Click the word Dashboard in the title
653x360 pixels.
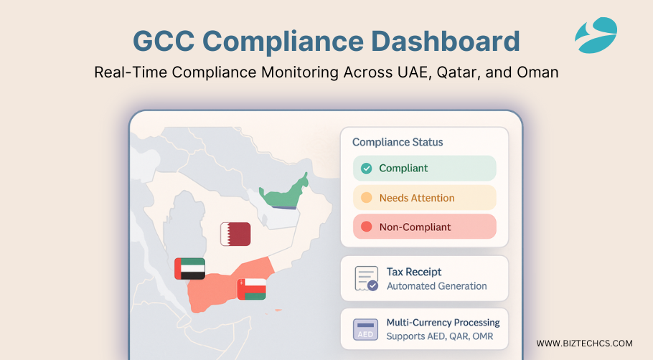445,41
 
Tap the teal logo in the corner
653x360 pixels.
596,35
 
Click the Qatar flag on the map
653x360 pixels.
235,234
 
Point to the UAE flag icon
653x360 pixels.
190,268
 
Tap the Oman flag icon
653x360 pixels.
252,289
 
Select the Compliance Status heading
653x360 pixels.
398,142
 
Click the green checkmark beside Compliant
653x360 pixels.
367,168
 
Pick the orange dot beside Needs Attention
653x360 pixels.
367,197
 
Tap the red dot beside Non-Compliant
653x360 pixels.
367,227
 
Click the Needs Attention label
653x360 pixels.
417,198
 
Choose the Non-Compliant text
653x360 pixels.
415,227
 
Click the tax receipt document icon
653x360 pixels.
367,278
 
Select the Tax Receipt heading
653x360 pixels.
414,272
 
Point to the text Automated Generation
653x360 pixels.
437,286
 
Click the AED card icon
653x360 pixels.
365,330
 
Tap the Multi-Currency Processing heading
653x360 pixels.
443,323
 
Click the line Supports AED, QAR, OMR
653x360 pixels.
440,336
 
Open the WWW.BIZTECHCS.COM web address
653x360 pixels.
584,344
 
